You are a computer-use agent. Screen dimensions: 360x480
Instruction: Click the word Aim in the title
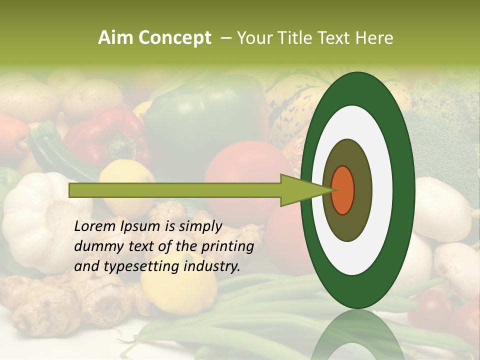[x=116, y=38]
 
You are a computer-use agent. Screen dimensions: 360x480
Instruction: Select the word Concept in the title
[x=174, y=38]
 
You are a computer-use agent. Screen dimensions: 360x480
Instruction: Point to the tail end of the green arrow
[x=72, y=190]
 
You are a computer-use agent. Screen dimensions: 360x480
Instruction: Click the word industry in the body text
[x=212, y=266]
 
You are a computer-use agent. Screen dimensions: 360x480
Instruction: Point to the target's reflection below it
[x=357, y=335]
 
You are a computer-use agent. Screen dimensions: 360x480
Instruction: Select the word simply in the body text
[x=198, y=227]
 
